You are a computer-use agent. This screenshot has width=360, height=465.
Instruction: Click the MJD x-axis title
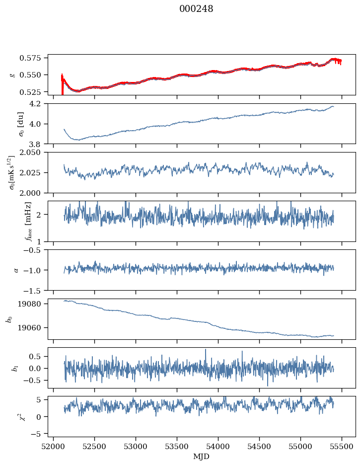201,457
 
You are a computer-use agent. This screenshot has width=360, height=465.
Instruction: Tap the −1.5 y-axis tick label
35,290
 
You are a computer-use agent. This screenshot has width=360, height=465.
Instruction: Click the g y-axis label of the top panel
12,75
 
